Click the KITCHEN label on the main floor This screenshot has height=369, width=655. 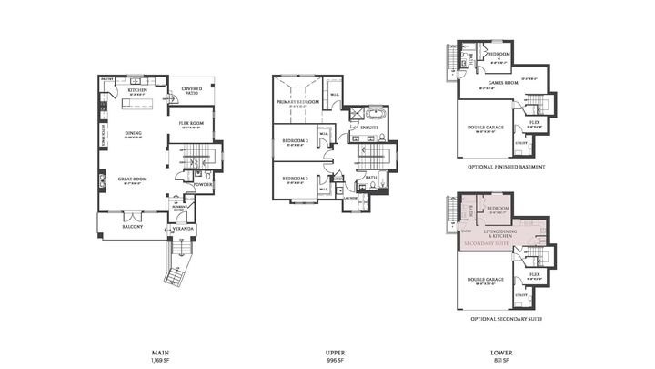[x=137, y=91]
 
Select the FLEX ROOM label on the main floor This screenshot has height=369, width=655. [x=190, y=122]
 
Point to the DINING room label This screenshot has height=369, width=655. [x=134, y=134]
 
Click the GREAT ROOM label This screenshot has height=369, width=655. [x=132, y=179]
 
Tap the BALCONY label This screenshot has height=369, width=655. [x=132, y=226]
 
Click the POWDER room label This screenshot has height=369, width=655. [x=203, y=184]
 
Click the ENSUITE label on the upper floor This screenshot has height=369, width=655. [x=368, y=128]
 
